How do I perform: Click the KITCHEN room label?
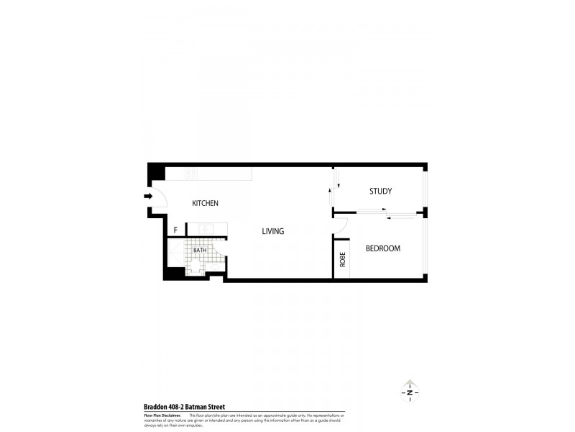point(205,203)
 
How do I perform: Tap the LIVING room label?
point(272,231)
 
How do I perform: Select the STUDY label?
point(380,191)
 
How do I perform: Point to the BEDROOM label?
point(382,248)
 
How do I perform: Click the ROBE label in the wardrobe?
point(343,258)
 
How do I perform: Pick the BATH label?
point(199,251)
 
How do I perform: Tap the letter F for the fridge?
point(175,230)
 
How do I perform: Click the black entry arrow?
point(149,196)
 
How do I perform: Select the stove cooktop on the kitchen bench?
point(191,174)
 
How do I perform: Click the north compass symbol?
point(409,392)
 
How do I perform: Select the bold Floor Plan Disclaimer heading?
point(156,415)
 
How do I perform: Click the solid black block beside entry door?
point(156,174)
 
